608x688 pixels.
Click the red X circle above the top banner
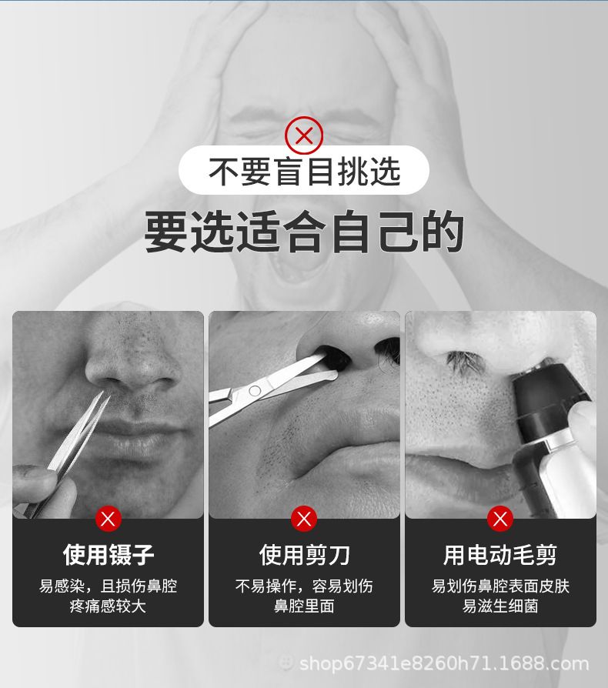tap(303, 135)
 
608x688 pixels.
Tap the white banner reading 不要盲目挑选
tap(303, 170)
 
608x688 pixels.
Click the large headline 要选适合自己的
tap(304, 231)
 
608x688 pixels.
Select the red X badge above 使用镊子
tap(108, 519)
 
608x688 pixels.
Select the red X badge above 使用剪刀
tap(303, 519)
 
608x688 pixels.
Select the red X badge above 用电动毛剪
tap(500, 519)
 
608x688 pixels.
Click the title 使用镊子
tap(109, 555)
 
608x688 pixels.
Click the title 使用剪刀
tap(304, 555)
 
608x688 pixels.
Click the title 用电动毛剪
tap(500, 555)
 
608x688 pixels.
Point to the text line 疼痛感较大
tap(108, 606)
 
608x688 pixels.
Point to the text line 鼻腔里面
tap(304, 606)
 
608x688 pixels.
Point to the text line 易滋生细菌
tap(500, 606)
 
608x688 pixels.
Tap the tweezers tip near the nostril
tap(105, 393)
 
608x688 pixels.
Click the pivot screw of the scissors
tap(255, 390)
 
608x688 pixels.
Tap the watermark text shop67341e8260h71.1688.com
tap(444, 663)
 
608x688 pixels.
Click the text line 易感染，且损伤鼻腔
tap(108, 586)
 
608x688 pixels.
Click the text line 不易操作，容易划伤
tap(304, 586)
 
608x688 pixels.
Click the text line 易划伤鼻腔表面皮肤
tap(500, 586)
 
